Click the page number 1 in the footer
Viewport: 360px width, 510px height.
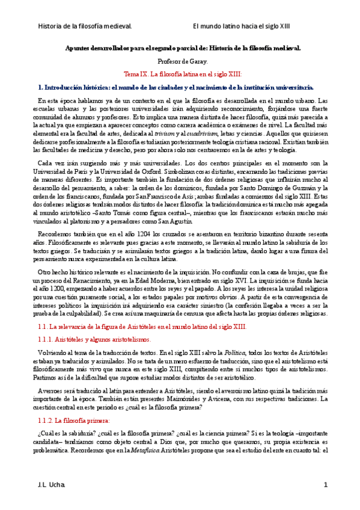tap(325, 485)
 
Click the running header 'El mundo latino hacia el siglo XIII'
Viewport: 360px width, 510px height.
tap(241, 26)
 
